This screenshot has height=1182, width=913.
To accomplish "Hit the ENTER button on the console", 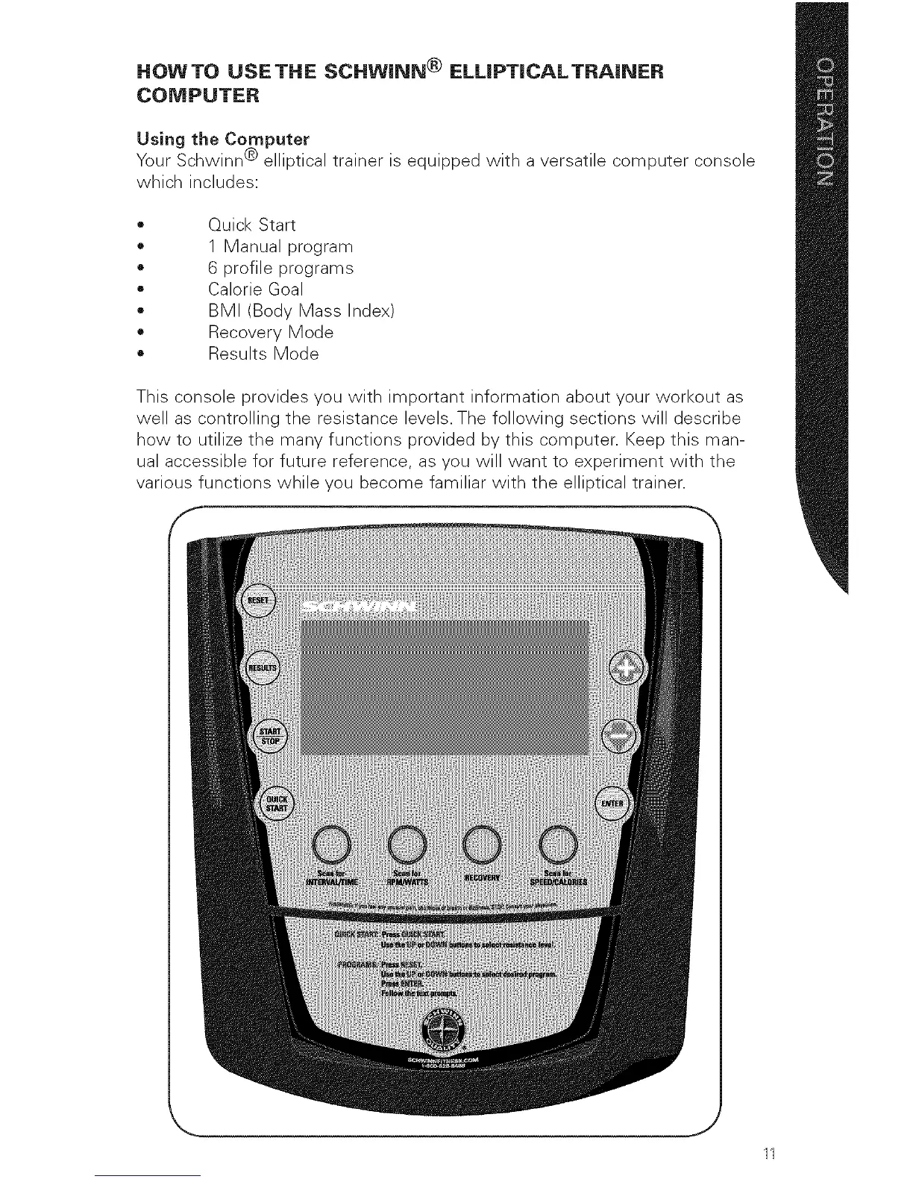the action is (x=615, y=804).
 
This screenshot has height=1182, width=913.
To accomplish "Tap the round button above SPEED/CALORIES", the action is (x=559, y=844).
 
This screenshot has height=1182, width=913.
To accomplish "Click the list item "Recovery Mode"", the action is (x=270, y=331).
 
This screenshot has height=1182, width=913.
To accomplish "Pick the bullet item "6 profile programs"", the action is (x=280, y=268).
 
